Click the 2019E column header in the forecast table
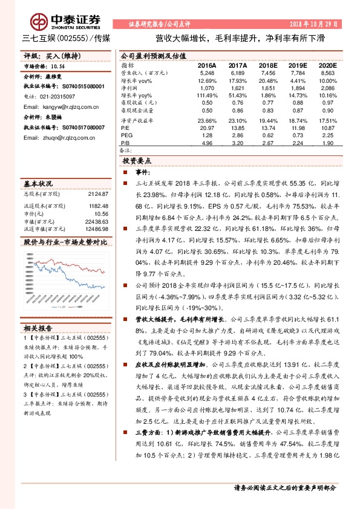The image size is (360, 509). click(298, 65)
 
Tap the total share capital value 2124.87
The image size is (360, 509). click(97, 194)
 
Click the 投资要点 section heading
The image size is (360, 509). click(136, 161)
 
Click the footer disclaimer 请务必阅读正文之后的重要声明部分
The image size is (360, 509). click(284, 487)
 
